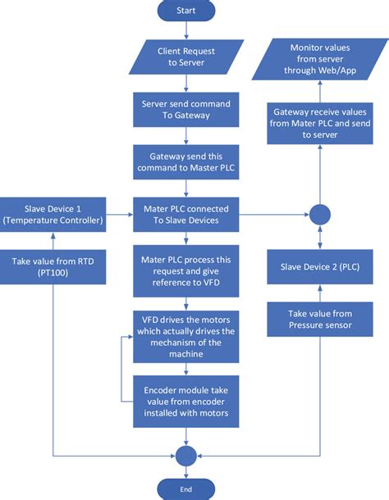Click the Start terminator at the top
[186, 11]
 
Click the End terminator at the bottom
[186, 489]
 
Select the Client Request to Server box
[186, 57]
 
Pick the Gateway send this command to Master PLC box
[186, 161]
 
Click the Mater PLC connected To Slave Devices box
[186, 214]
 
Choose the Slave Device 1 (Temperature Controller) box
[53, 214]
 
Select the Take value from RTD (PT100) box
[53, 267]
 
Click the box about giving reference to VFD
[186, 267]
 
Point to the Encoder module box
[186, 401]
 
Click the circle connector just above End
[186, 454]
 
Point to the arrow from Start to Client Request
[186, 30]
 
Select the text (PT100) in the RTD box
[53, 274]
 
